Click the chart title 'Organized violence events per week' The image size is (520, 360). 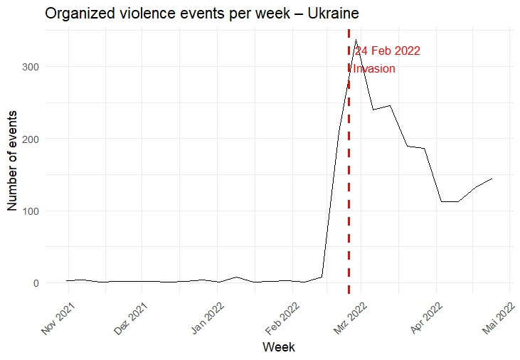pos(164,14)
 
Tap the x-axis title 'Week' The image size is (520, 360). pos(278,347)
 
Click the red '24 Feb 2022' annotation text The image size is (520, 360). pos(388,51)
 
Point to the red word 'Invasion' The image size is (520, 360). pos(374,69)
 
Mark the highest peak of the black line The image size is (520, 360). pos(356,40)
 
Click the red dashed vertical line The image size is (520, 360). pos(349,178)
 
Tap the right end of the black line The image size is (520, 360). pos(492,179)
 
